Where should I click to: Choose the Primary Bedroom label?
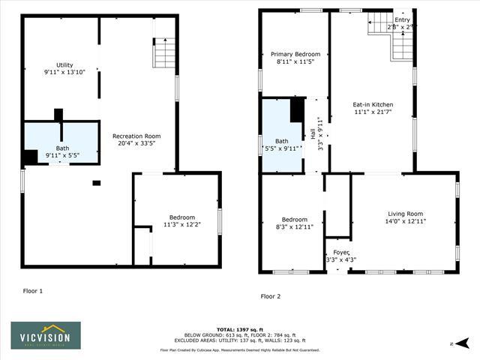coord(295,58)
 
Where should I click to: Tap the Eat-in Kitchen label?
coord(373,108)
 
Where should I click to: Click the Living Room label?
coord(405,217)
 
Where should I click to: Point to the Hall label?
coord(313,135)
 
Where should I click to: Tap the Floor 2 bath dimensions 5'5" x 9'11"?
coord(282,148)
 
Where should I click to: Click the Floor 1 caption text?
coord(32,290)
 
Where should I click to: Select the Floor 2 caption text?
coord(270,296)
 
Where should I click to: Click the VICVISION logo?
coord(46,335)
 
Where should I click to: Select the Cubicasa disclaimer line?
coord(239,349)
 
